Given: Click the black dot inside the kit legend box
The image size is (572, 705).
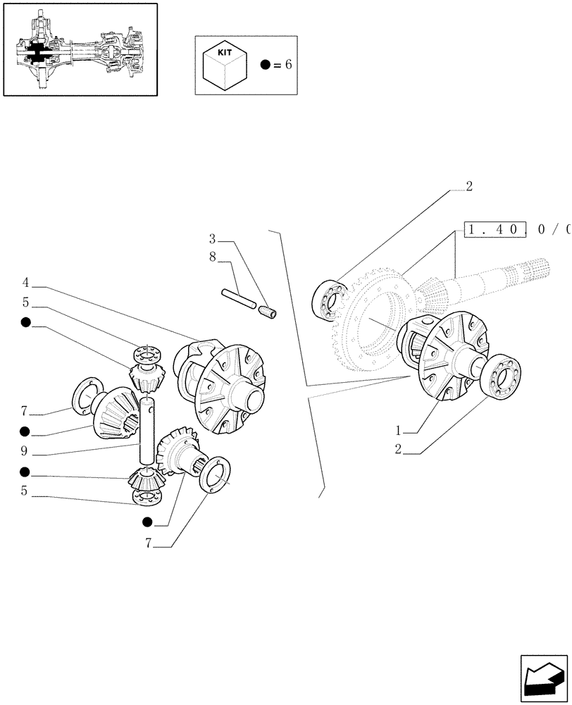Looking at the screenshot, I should point(264,65).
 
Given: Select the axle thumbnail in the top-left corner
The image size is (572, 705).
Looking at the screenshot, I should point(80,49).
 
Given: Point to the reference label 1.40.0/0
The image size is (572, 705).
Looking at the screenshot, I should point(516,229).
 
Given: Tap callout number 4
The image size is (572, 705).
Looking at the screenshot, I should point(25,283).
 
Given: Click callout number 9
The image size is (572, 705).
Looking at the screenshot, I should point(25,451).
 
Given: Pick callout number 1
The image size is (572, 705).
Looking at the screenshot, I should point(399,429).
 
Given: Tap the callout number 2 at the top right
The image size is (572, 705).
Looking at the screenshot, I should point(468,187).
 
